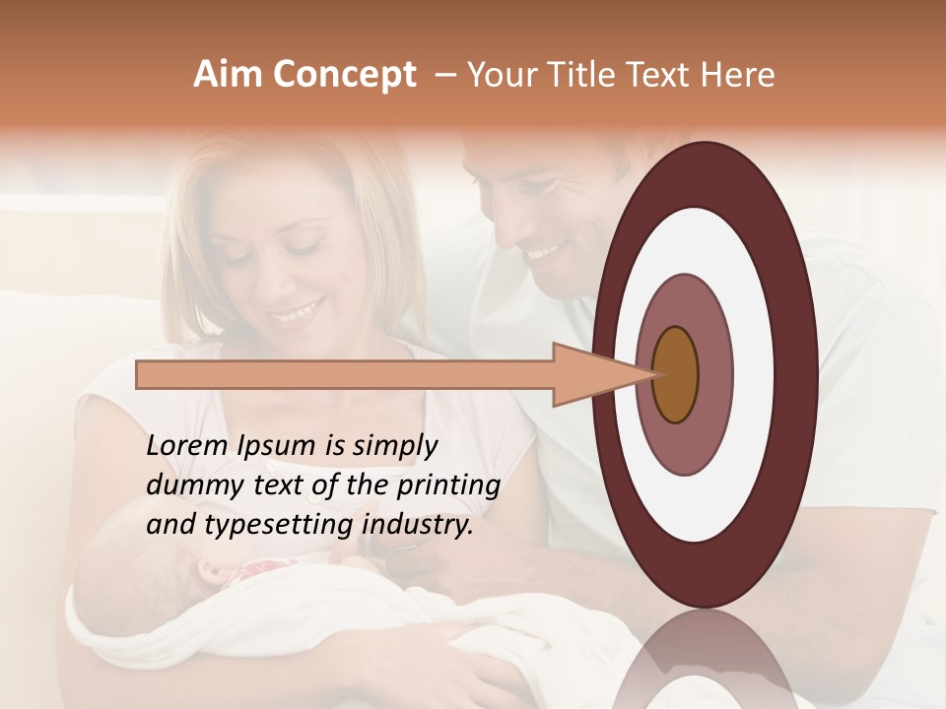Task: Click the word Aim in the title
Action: coord(228,75)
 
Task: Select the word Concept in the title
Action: coord(343,75)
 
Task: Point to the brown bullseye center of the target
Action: coord(676,374)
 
